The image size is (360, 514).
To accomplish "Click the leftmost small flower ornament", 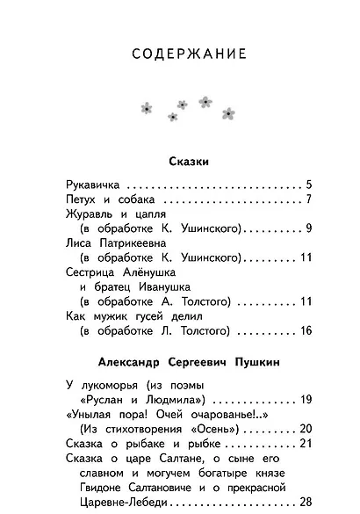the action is [x=147, y=107].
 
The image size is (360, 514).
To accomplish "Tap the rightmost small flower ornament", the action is [x=228, y=112].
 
